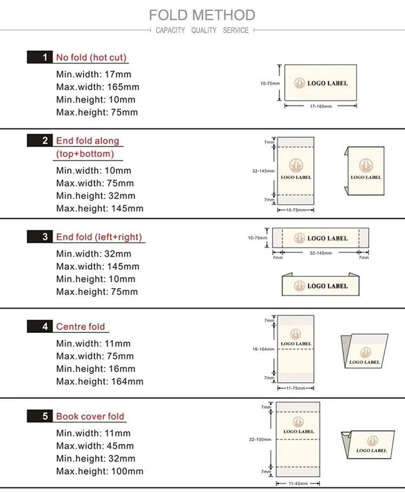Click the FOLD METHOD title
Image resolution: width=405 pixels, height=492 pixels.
coord(202,15)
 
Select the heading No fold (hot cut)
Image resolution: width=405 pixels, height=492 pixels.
coord(91,57)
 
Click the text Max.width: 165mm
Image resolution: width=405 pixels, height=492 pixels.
coord(97,87)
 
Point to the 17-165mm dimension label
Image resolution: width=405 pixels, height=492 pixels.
coord(321,107)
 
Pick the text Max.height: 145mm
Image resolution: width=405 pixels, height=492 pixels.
coord(99,208)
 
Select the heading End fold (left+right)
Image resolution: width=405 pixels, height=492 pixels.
coord(99,237)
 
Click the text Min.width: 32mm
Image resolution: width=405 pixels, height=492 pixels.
coord(94,254)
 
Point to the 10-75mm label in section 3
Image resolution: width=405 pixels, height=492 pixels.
coord(257,238)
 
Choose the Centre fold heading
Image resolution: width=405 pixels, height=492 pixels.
coord(81,327)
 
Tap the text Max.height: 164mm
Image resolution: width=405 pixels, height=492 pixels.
coord(99,382)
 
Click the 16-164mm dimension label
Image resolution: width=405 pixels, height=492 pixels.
coord(264,349)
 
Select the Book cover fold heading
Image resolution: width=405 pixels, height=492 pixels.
coord(90,416)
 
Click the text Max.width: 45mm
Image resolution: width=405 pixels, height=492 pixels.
coord(95,446)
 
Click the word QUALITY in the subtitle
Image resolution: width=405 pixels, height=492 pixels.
coord(203,30)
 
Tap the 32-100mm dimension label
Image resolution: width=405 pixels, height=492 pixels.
coord(260,440)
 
